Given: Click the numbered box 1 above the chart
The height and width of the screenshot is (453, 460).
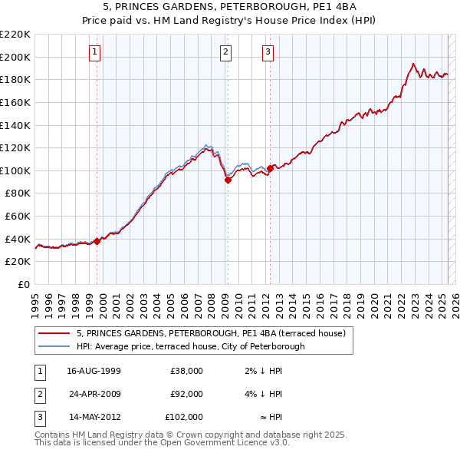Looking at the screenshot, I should pyautogui.click(x=94, y=52).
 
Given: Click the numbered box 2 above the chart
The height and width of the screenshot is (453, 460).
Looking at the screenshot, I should pyautogui.click(x=226, y=52).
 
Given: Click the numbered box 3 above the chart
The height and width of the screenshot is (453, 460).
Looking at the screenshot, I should pyautogui.click(x=268, y=52).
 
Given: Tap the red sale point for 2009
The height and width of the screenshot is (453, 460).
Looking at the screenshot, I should pyautogui.click(x=228, y=180).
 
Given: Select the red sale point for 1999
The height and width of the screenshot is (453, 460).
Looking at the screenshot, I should pyautogui.click(x=97, y=240).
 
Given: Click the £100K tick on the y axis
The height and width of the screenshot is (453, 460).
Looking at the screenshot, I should pyautogui.click(x=15, y=170).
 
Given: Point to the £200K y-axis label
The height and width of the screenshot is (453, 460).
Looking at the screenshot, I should pyautogui.click(x=15, y=57).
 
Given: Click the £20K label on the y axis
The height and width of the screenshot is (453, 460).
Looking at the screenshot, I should pyautogui.click(x=18, y=261).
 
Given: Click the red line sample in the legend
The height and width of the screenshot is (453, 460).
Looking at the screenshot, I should pyautogui.click(x=54, y=334).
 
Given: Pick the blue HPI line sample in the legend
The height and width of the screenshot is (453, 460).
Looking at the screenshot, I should pyautogui.click(x=54, y=346).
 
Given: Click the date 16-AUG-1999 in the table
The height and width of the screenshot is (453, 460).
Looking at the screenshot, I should pyautogui.click(x=94, y=371).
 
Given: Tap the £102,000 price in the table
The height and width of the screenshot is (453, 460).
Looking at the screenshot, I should pyautogui.click(x=184, y=417).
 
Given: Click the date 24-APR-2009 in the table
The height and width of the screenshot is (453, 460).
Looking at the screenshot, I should pyautogui.click(x=94, y=394).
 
